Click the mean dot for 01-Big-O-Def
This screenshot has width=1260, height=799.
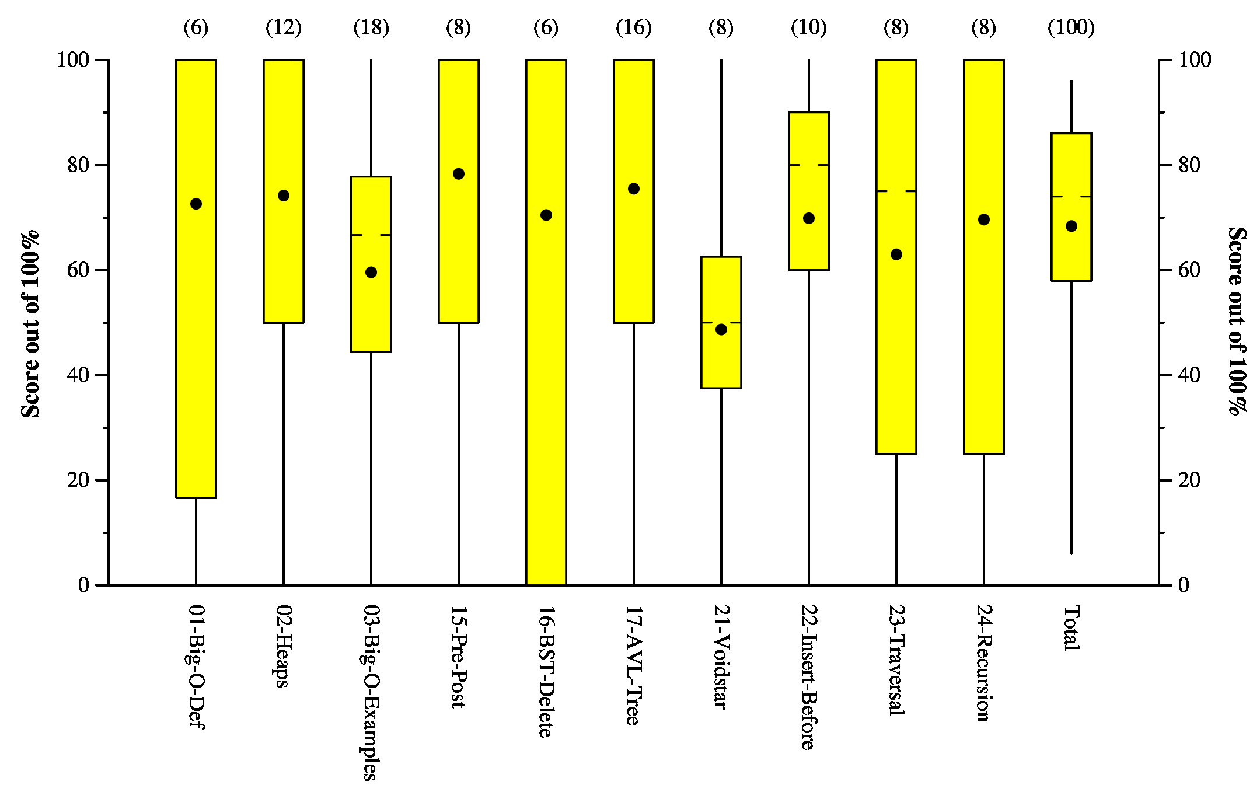pyautogui.click(x=196, y=204)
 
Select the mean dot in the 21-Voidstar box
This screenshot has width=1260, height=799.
pyautogui.click(x=721, y=330)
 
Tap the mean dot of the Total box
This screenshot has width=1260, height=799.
pyautogui.click(x=1071, y=226)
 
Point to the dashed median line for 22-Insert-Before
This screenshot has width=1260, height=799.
pyautogui.click(x=809, y=165)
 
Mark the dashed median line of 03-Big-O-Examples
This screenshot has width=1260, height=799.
pyautogui.click(x=371, y=235)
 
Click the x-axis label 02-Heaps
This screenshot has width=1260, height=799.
pyautogui.click(x=283, y=646)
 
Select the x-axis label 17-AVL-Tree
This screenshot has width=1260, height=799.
pyautogui.click(x=633, y=665)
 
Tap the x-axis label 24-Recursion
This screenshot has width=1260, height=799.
pyautogui.click(x=983, y=664)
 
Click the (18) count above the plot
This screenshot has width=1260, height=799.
pyautogui.click(x=371, y=27)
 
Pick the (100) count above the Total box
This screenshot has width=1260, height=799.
pyautogui.click(x=1071, y=27)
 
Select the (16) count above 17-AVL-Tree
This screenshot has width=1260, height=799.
pyautogui.click(x=634, y=27)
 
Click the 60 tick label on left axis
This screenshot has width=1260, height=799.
pyautogui.click(x=78, y=270)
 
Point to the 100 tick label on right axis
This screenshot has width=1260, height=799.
pyautogui.click(x=1195, y=60)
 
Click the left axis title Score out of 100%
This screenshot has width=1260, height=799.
pyautogui.click(x=30, y=324)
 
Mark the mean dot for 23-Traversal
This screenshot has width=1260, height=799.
pyautogui.click(x=896, y=254)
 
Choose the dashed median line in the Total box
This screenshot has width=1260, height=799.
pyautogui.click(x=1071, y=196)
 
